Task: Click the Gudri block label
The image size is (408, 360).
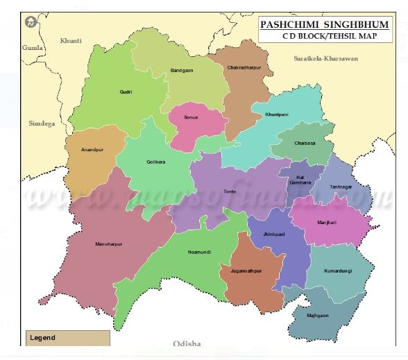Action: pyautogui.click(x=125, y=92)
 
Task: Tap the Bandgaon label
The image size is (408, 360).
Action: pyautogui.click(x=182, y=71)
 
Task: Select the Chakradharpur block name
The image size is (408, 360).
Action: pyautogui.click(x=244, y=68)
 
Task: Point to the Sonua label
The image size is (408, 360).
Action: pyautogui.click(x=191, y=117)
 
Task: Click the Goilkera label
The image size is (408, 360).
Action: pyautogui.click(x=157, y=162)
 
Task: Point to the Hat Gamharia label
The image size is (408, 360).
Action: pyautogui.click(x=300, y=179)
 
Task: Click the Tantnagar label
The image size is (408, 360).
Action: pyautogui.click(x=341, y=187)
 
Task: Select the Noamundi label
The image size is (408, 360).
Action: pyautogui.click(x=199, y=252)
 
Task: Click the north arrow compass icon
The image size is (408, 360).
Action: pyautogui.click(x=31, y=22)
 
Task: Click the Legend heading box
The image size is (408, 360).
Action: pyautogui.click(x=67, y=338)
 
